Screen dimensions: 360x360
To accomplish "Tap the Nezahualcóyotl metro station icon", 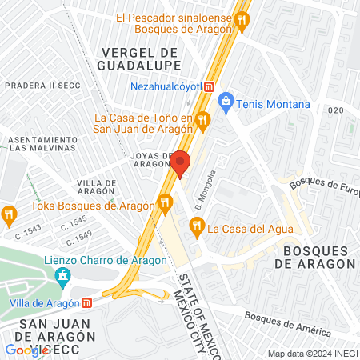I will pos(209,86).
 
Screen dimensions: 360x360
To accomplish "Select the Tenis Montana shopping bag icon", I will pos(226,102).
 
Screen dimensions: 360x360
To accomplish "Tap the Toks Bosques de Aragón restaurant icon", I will pos(166,202).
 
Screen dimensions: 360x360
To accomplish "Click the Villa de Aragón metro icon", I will pos(86,303).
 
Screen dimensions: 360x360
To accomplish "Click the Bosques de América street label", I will pos(287,322).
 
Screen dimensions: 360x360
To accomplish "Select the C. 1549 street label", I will pos(81,237).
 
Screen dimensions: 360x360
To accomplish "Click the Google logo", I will pos(26,350).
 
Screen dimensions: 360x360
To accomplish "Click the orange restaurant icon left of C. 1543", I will pos(10,214).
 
